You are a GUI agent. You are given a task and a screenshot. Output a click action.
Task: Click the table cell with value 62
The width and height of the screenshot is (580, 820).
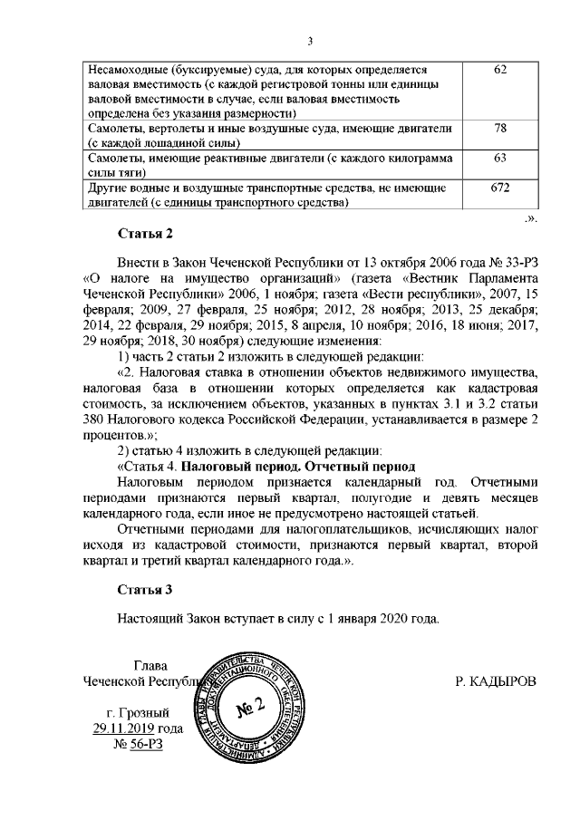click(x=499, y=70)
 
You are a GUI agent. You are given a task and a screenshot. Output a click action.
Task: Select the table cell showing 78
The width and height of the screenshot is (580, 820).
click(x=499, y=130)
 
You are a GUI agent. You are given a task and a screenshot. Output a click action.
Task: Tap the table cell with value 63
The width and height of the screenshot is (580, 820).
click(x=499, y=159)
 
